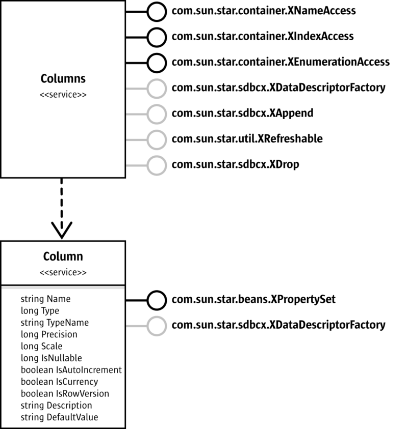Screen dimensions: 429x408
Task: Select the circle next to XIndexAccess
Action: [157, 37]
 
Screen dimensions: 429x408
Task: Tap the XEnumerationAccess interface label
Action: [280, 62]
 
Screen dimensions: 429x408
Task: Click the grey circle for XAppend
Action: [157, 113]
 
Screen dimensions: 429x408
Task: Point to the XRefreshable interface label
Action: [247, 138]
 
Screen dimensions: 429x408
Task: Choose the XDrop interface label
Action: [235, 164]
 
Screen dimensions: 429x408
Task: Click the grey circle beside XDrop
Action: [157, 164]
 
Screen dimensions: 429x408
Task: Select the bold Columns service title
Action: [63, 79]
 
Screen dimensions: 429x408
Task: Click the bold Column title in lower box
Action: [63, 256]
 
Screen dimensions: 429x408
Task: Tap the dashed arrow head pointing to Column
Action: [62, 230]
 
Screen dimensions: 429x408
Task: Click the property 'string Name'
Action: [45, 299]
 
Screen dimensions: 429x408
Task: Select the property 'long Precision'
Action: [49, 334]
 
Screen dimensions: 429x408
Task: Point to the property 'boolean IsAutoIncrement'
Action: [71, 370]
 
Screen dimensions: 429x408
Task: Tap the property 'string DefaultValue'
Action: [59, 417]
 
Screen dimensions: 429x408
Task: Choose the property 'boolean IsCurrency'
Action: [59, 382]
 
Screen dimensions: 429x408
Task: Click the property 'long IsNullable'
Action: [51, 358]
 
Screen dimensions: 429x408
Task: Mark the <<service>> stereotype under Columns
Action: [63, 95]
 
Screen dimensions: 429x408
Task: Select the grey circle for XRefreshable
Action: [157, 138]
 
